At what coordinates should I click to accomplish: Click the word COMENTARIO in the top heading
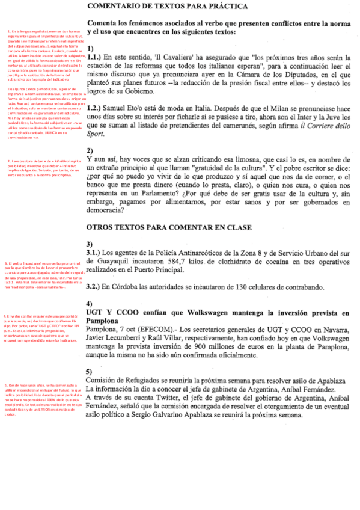(115, 6)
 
